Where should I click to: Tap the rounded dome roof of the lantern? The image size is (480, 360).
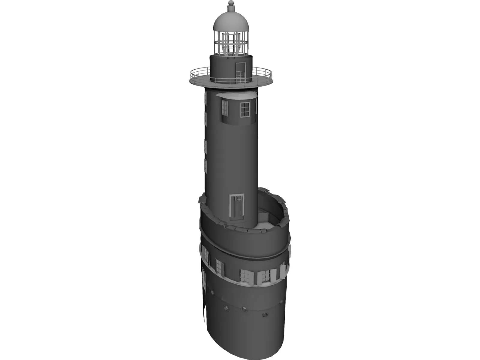pos(231,21)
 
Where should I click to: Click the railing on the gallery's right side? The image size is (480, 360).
pos(262,71)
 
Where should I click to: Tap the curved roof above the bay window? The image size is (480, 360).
pos(237,95)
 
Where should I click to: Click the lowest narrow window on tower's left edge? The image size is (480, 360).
pos(205,166)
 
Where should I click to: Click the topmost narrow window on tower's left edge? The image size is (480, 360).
pos(206,98)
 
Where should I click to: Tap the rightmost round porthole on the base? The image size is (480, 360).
pos(265,315)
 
